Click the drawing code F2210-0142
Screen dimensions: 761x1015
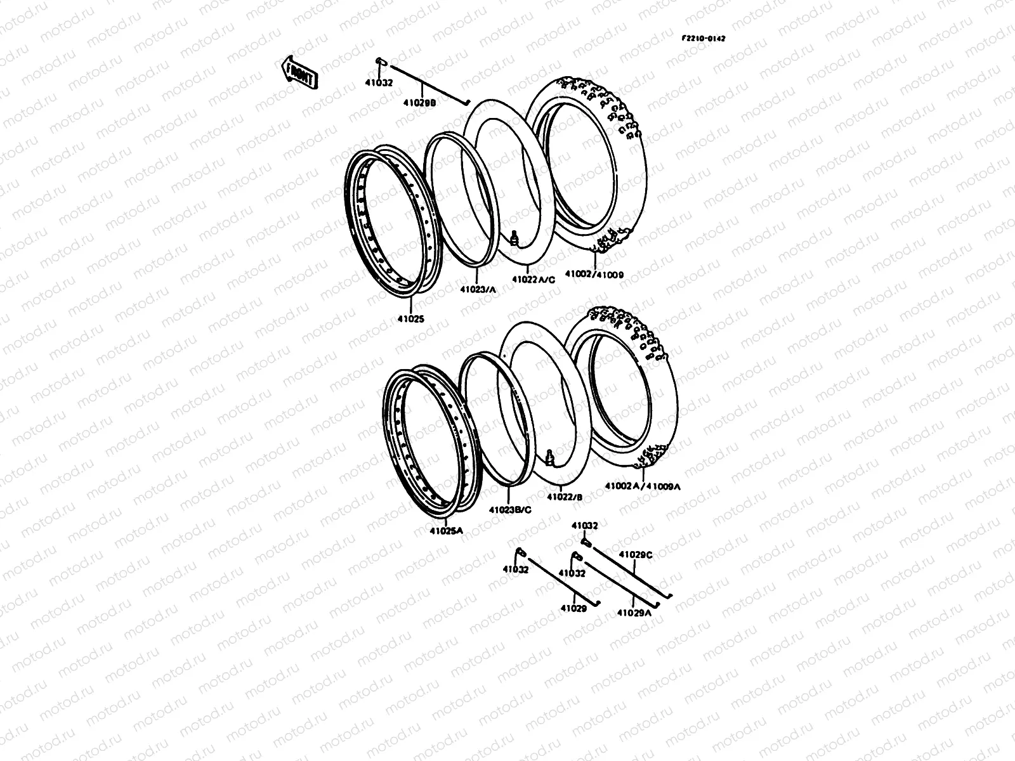tap(704, 38)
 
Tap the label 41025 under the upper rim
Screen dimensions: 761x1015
tap(412, 320)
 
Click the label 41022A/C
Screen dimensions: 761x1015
tap(536, 278)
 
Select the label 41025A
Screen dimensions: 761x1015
tap(446, 531)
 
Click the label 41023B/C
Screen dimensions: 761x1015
tap(510, 509)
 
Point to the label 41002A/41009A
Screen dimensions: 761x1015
tap(643, 486)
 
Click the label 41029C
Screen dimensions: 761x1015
tap(636, 554)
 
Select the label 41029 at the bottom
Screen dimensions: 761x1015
tap(573, 608)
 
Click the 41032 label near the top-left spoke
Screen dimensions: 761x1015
tap(379, 82)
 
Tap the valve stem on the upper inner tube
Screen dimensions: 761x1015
tap(514, 238)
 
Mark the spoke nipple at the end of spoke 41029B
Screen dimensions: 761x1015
tap(381, 60)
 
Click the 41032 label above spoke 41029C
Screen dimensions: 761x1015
tap(584, 526)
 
